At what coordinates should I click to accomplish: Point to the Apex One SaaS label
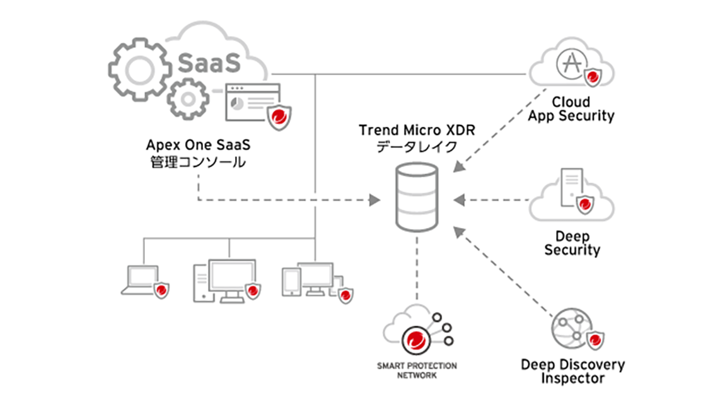pos(198,145)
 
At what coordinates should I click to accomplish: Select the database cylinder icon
pos(416,197)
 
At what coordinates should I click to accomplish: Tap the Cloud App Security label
pos(571,108)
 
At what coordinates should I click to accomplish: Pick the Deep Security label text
pos(572,243)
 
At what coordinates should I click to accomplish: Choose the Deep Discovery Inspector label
pos(572,371)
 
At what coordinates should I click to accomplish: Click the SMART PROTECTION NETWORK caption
pos(417,370)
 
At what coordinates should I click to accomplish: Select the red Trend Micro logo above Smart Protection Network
pos(416,341)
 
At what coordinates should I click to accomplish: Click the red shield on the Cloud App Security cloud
pos(593,77)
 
